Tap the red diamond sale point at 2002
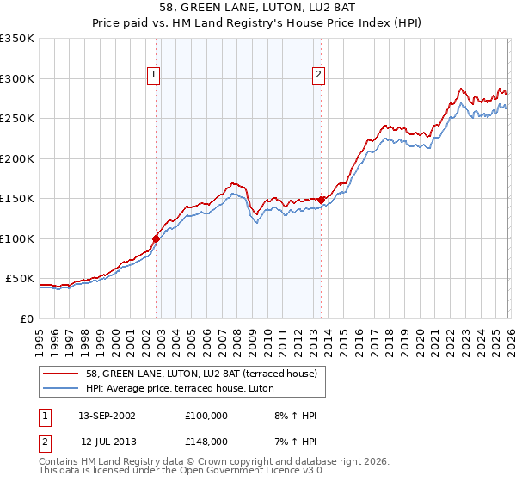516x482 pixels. point(157,239)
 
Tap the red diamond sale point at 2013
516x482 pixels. point(322,200)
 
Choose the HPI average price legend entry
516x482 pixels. point(179,389)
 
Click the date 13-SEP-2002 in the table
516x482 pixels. point(107,416)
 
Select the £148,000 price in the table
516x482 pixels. point(206,441)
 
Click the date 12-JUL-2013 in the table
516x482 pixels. point(107,441)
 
